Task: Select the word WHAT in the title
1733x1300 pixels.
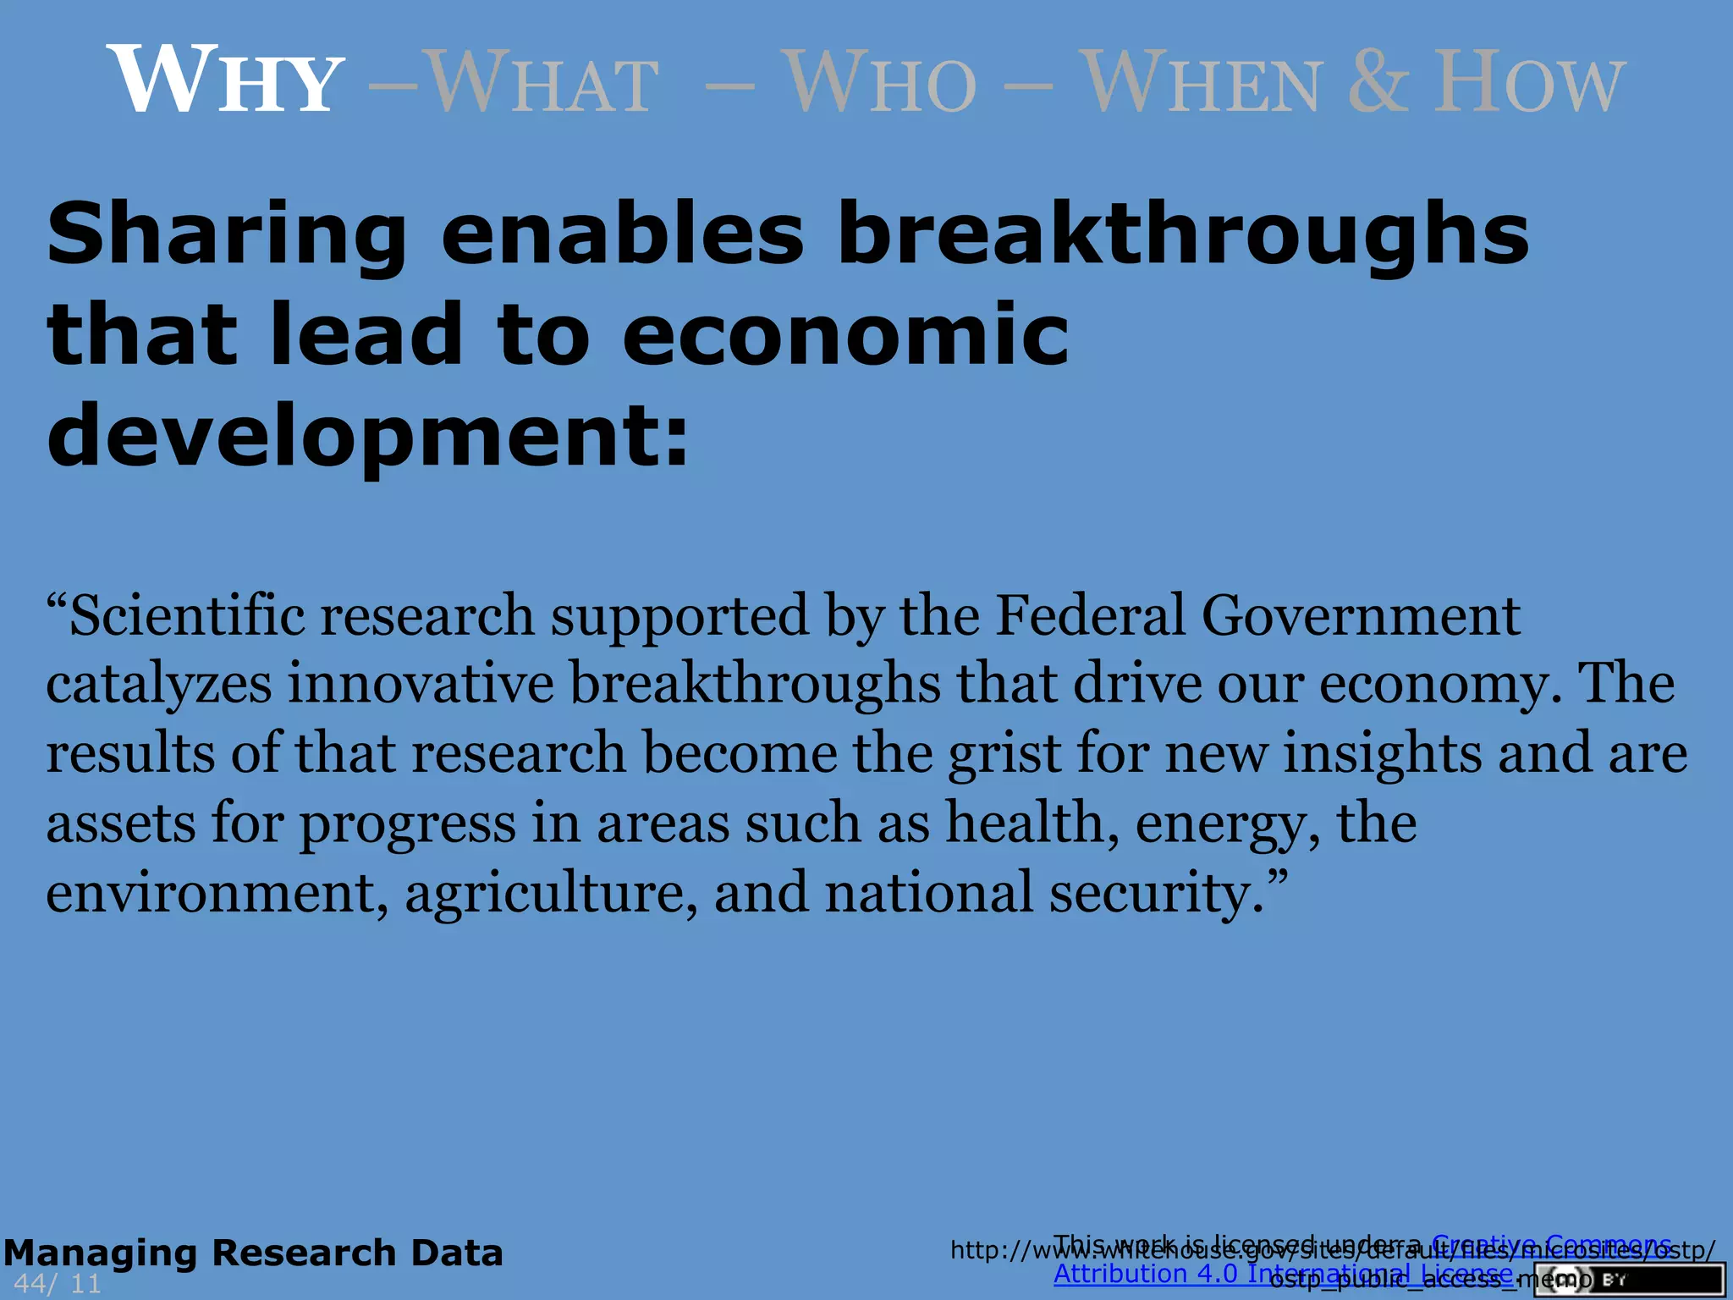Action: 542,83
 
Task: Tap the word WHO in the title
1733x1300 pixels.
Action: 879,83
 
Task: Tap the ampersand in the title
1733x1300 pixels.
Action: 1379,81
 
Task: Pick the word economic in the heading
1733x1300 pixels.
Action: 845,335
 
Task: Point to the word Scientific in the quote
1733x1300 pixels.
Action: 186,615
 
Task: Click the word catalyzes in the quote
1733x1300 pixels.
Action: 159,684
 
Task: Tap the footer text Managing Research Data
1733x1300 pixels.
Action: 253,1253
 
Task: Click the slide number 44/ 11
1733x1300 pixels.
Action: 58,1284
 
